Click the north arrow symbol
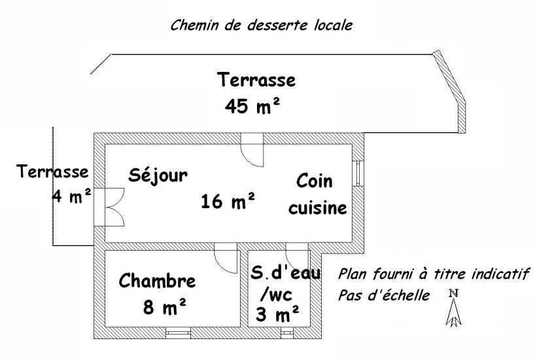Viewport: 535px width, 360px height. (453, 308)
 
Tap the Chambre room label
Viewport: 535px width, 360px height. (157, 281)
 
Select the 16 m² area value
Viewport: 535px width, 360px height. (228, 201)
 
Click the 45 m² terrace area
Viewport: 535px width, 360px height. (252, 105)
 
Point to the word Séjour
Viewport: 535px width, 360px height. (158, 176)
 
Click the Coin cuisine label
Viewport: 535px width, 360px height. (317, 194)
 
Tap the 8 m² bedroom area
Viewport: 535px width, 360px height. (165, 307)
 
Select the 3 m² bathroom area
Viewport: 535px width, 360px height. (277, 314)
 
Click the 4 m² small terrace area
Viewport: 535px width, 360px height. (72, 196)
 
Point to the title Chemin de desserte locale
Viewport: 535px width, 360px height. (262, 26)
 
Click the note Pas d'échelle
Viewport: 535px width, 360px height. (384, 296)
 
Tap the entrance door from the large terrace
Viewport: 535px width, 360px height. (252, 150)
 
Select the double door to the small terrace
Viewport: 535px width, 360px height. (109, 207)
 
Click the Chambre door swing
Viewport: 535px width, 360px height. (226, 258)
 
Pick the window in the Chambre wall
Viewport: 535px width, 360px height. (178, 333)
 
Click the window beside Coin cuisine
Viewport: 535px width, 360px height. (358, 173)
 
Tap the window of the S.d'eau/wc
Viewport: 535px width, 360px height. (287, 333)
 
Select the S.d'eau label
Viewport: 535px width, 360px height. (286, 273)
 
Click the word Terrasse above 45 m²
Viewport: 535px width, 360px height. (256, 80)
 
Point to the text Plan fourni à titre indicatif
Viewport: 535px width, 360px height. (434, 274)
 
